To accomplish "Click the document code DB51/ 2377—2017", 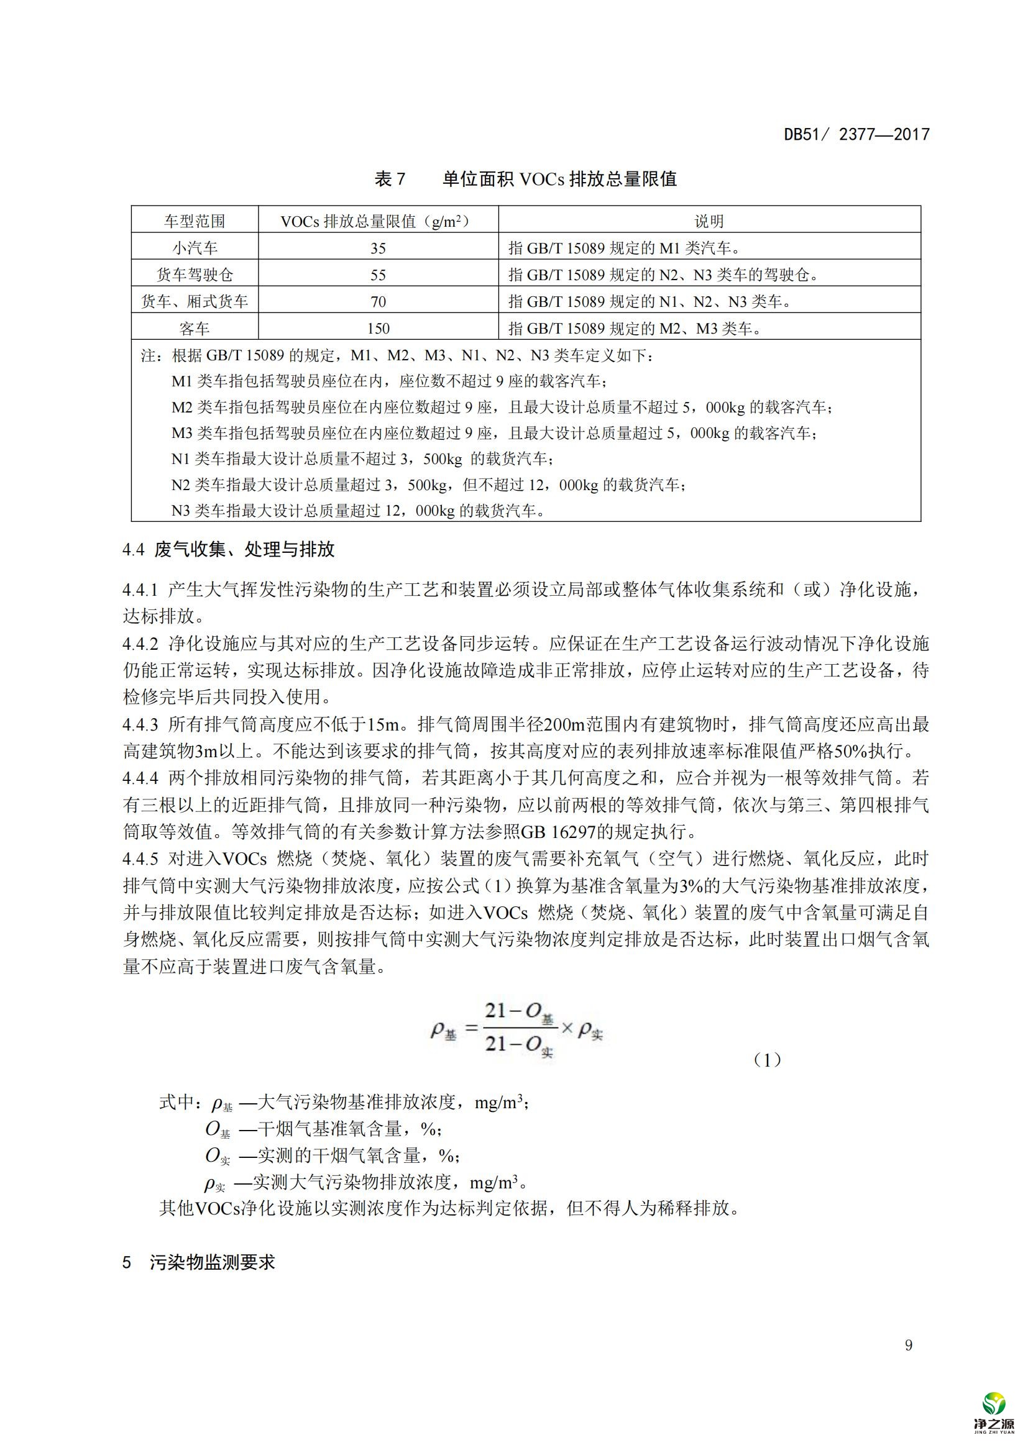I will [856, 134].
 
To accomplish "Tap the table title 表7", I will [390, 179].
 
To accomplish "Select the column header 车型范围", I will [195, 221].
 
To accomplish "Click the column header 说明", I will [709, 221].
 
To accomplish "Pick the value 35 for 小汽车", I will [378, 248].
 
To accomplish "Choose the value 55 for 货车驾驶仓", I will [378, 275].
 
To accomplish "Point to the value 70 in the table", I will [378, 301].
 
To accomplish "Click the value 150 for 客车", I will [378, 329].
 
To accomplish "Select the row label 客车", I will [195, 329].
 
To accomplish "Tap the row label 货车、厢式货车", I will [195, 301].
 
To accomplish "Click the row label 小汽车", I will [195, 248].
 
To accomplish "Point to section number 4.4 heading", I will [134, 549].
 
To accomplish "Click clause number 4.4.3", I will [140, 724].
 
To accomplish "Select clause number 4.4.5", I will [140, 859].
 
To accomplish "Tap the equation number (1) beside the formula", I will [767, 1060].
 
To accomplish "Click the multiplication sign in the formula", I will [567, 1028].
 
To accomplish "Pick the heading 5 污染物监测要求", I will [199, 1262].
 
